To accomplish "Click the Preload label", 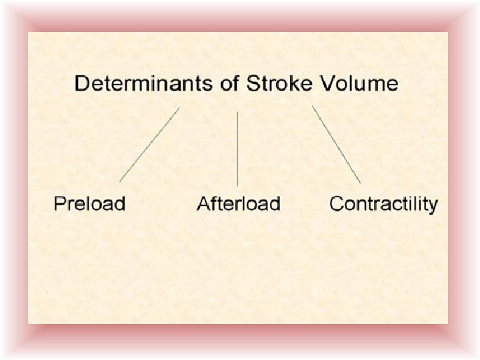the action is [89, 203].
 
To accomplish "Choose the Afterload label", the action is [239, 203].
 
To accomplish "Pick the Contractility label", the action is [383, 203].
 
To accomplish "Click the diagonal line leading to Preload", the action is [149, 145].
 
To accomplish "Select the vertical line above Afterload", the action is [237, 148].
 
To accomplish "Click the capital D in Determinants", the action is [82, 84].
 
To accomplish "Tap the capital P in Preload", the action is [59, 203].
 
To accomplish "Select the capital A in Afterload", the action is [203, 203].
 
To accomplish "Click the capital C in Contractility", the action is [336, 203].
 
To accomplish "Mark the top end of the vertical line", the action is [237, 112].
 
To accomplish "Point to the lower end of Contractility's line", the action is [361, 183].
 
